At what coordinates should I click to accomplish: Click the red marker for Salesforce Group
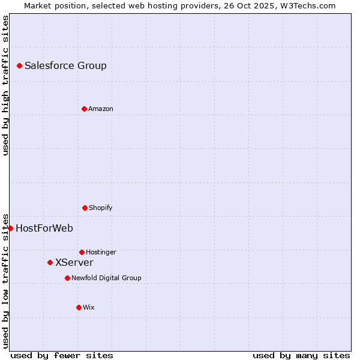(x=19, y=65)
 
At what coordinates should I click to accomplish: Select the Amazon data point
(x=84, y=109)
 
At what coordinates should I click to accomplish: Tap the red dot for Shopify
(x=85, y=208)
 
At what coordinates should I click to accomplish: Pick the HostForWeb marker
(x=10, y=228)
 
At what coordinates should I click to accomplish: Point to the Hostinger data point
(x=82, y=252)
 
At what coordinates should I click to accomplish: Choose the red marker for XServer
(x=50, y=262)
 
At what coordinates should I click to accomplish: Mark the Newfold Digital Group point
(x=67, y=278)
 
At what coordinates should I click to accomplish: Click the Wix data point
(x=79, y=307)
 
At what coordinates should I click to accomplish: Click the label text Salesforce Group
(x=65, y=66)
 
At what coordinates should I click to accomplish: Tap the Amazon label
(x=101, y=109)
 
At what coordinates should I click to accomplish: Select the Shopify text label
(x=101, y=208)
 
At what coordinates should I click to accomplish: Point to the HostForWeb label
(x=44, y=229)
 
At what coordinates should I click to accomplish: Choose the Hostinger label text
(x=101, y=253)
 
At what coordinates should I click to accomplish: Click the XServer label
(x=74, y=263)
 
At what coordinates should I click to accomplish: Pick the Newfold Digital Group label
(x=106, y=278)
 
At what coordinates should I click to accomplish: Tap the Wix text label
(x=89, y=308)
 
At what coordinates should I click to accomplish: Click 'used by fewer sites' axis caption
(x=62, y=355)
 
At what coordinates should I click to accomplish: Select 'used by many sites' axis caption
(x=301, y=355)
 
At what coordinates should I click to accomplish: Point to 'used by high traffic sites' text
(x=5, y=85)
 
